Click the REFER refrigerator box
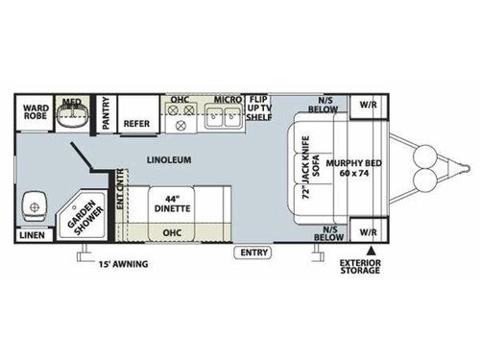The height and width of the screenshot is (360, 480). pyautogui.click(x=136, y=124)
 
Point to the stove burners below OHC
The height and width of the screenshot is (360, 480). pyautogui.click(x=180, y=120)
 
